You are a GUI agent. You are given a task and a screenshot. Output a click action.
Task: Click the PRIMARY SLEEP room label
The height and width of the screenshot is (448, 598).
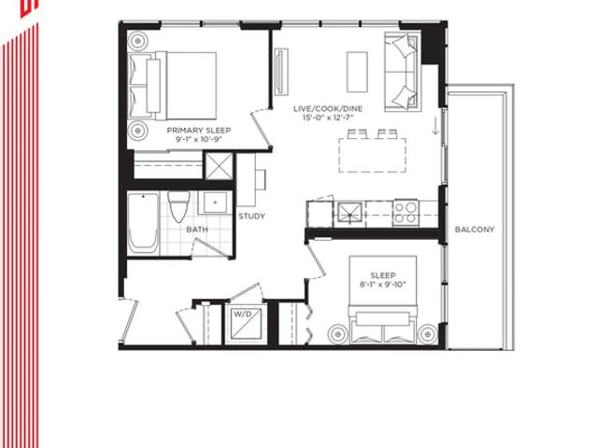pyautogui.click(x=199, y=131)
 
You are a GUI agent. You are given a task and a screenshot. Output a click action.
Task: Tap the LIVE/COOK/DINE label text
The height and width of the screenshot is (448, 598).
pyautogui.click(x=328, y=108)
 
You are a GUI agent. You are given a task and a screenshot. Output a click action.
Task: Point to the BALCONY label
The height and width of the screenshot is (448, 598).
pyautogui.click(x=475, y=230)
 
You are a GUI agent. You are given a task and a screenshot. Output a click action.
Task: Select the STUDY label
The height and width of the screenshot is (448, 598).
pyautogui.click(x=251, y=216)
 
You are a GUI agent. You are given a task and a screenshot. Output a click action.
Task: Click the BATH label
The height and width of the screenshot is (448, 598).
pyautogui.click(x=197, y=230)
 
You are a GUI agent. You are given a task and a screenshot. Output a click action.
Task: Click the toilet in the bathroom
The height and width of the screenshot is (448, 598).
pyautogui.click(x=178, y=206)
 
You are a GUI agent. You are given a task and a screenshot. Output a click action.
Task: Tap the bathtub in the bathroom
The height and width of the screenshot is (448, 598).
pyautogui.click(x=143, y=223)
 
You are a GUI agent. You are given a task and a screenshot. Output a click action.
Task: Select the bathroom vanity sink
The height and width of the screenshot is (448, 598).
pyautogui.click(x=215, y=203)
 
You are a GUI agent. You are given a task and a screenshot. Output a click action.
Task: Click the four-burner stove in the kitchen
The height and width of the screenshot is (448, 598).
pyautogui.click(x=406, y=213)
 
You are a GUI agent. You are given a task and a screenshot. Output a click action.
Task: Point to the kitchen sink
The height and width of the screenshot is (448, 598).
pyautogui.click(x=349, y=214)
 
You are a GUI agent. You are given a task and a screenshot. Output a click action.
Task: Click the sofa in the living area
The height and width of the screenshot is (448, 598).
pyautogui.click(x=403, y=72)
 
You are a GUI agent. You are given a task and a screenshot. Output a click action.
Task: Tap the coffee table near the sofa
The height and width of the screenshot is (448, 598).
pyautogui.click(x=357, y=72)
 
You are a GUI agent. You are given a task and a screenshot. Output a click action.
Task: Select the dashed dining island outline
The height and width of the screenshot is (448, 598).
pyautogui.click(x=372, y=156)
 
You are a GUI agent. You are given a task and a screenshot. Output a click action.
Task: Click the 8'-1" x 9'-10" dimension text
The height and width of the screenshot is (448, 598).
pyautogui.click(x=383, y=284)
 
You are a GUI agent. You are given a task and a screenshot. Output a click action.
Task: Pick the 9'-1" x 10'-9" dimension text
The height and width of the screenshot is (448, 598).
pyautogui.click(x=199, y=139)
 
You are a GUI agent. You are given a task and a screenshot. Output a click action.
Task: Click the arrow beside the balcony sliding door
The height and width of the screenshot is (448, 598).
pyautogui.click(x=435, y=126)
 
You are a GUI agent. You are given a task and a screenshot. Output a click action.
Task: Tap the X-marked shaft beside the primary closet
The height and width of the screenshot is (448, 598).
pyautogui.click(x=219, y=166)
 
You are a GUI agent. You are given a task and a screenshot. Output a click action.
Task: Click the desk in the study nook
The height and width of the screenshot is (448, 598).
pyautogui.click(x=251, y=179)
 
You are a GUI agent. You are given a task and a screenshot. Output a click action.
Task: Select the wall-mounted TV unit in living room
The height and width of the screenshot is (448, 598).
pyautogui.click(x=281, y=72)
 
